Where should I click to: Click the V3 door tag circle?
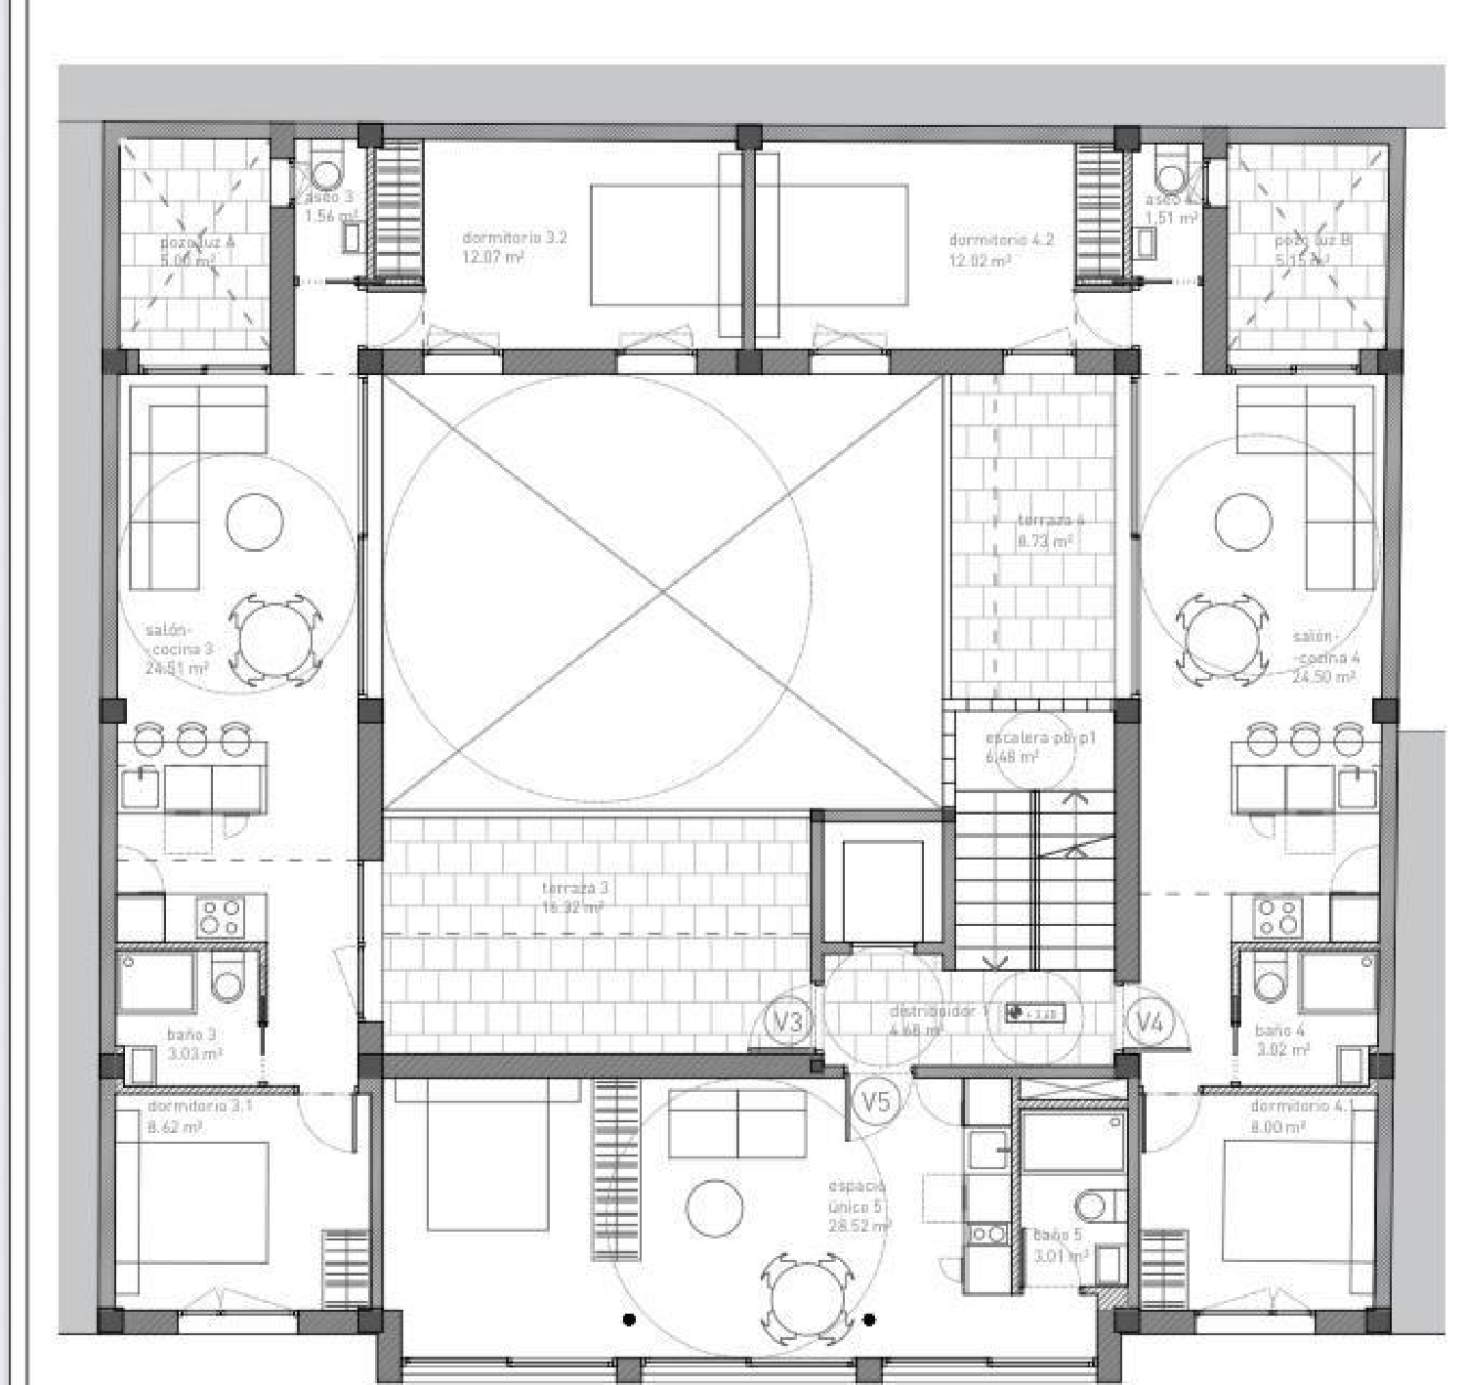click(788, 1023)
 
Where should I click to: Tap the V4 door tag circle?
click(1151, 1023)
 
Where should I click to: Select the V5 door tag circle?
click(876, 1102)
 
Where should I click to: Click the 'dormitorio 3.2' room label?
click(515, 237)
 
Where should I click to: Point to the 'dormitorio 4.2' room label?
click(1001, 239)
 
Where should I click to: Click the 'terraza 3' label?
click(575, 888)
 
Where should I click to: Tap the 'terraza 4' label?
click(1050, 521)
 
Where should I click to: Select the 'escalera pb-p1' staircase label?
click(1040, 737)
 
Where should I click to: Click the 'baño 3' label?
click(191, 1034)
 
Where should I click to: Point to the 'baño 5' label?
click(1057, 1236)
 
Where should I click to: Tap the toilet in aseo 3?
click(324, 174)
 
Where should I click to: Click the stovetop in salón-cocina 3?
click(221, 916)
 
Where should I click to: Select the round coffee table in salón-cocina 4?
click(1243, 521)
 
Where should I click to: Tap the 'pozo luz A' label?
click(197, 241)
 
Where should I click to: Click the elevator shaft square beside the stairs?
click(882, 880)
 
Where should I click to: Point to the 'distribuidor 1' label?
click(933, 1012)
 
